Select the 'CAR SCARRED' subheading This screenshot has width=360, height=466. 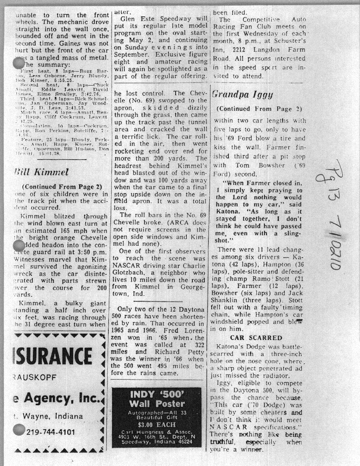coord(256,338)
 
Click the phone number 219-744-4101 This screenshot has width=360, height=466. coord(50,432)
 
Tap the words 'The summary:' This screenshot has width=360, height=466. coord(45,65)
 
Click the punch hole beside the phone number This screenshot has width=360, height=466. coord(19,430)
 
